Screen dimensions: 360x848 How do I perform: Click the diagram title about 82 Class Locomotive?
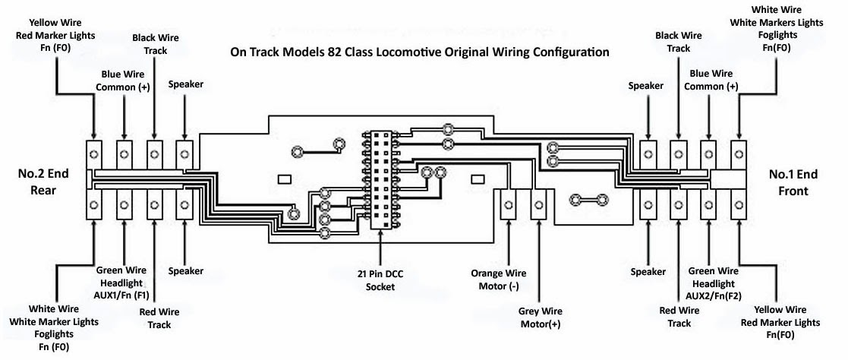(x=419, y=53)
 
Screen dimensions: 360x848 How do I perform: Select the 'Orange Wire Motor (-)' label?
(x=499, y=279)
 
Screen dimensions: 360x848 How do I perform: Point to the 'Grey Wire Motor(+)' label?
(x=540, y=317)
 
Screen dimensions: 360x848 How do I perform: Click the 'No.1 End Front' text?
(x=793, y=182)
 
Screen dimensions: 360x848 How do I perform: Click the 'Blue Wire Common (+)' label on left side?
(x=123, y=80)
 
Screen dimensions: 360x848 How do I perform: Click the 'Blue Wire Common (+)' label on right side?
(x=711, y=80)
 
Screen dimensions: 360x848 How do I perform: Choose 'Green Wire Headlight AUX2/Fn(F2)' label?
(x=711, y=282)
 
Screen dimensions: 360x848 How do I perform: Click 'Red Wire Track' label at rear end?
(x=159, y=318)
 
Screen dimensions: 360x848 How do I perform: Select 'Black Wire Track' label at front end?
(x=678, y=41)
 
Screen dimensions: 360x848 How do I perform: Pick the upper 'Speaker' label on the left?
(x=185, y=84)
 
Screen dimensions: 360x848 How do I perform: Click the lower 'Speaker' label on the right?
(x=648, y=271)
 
